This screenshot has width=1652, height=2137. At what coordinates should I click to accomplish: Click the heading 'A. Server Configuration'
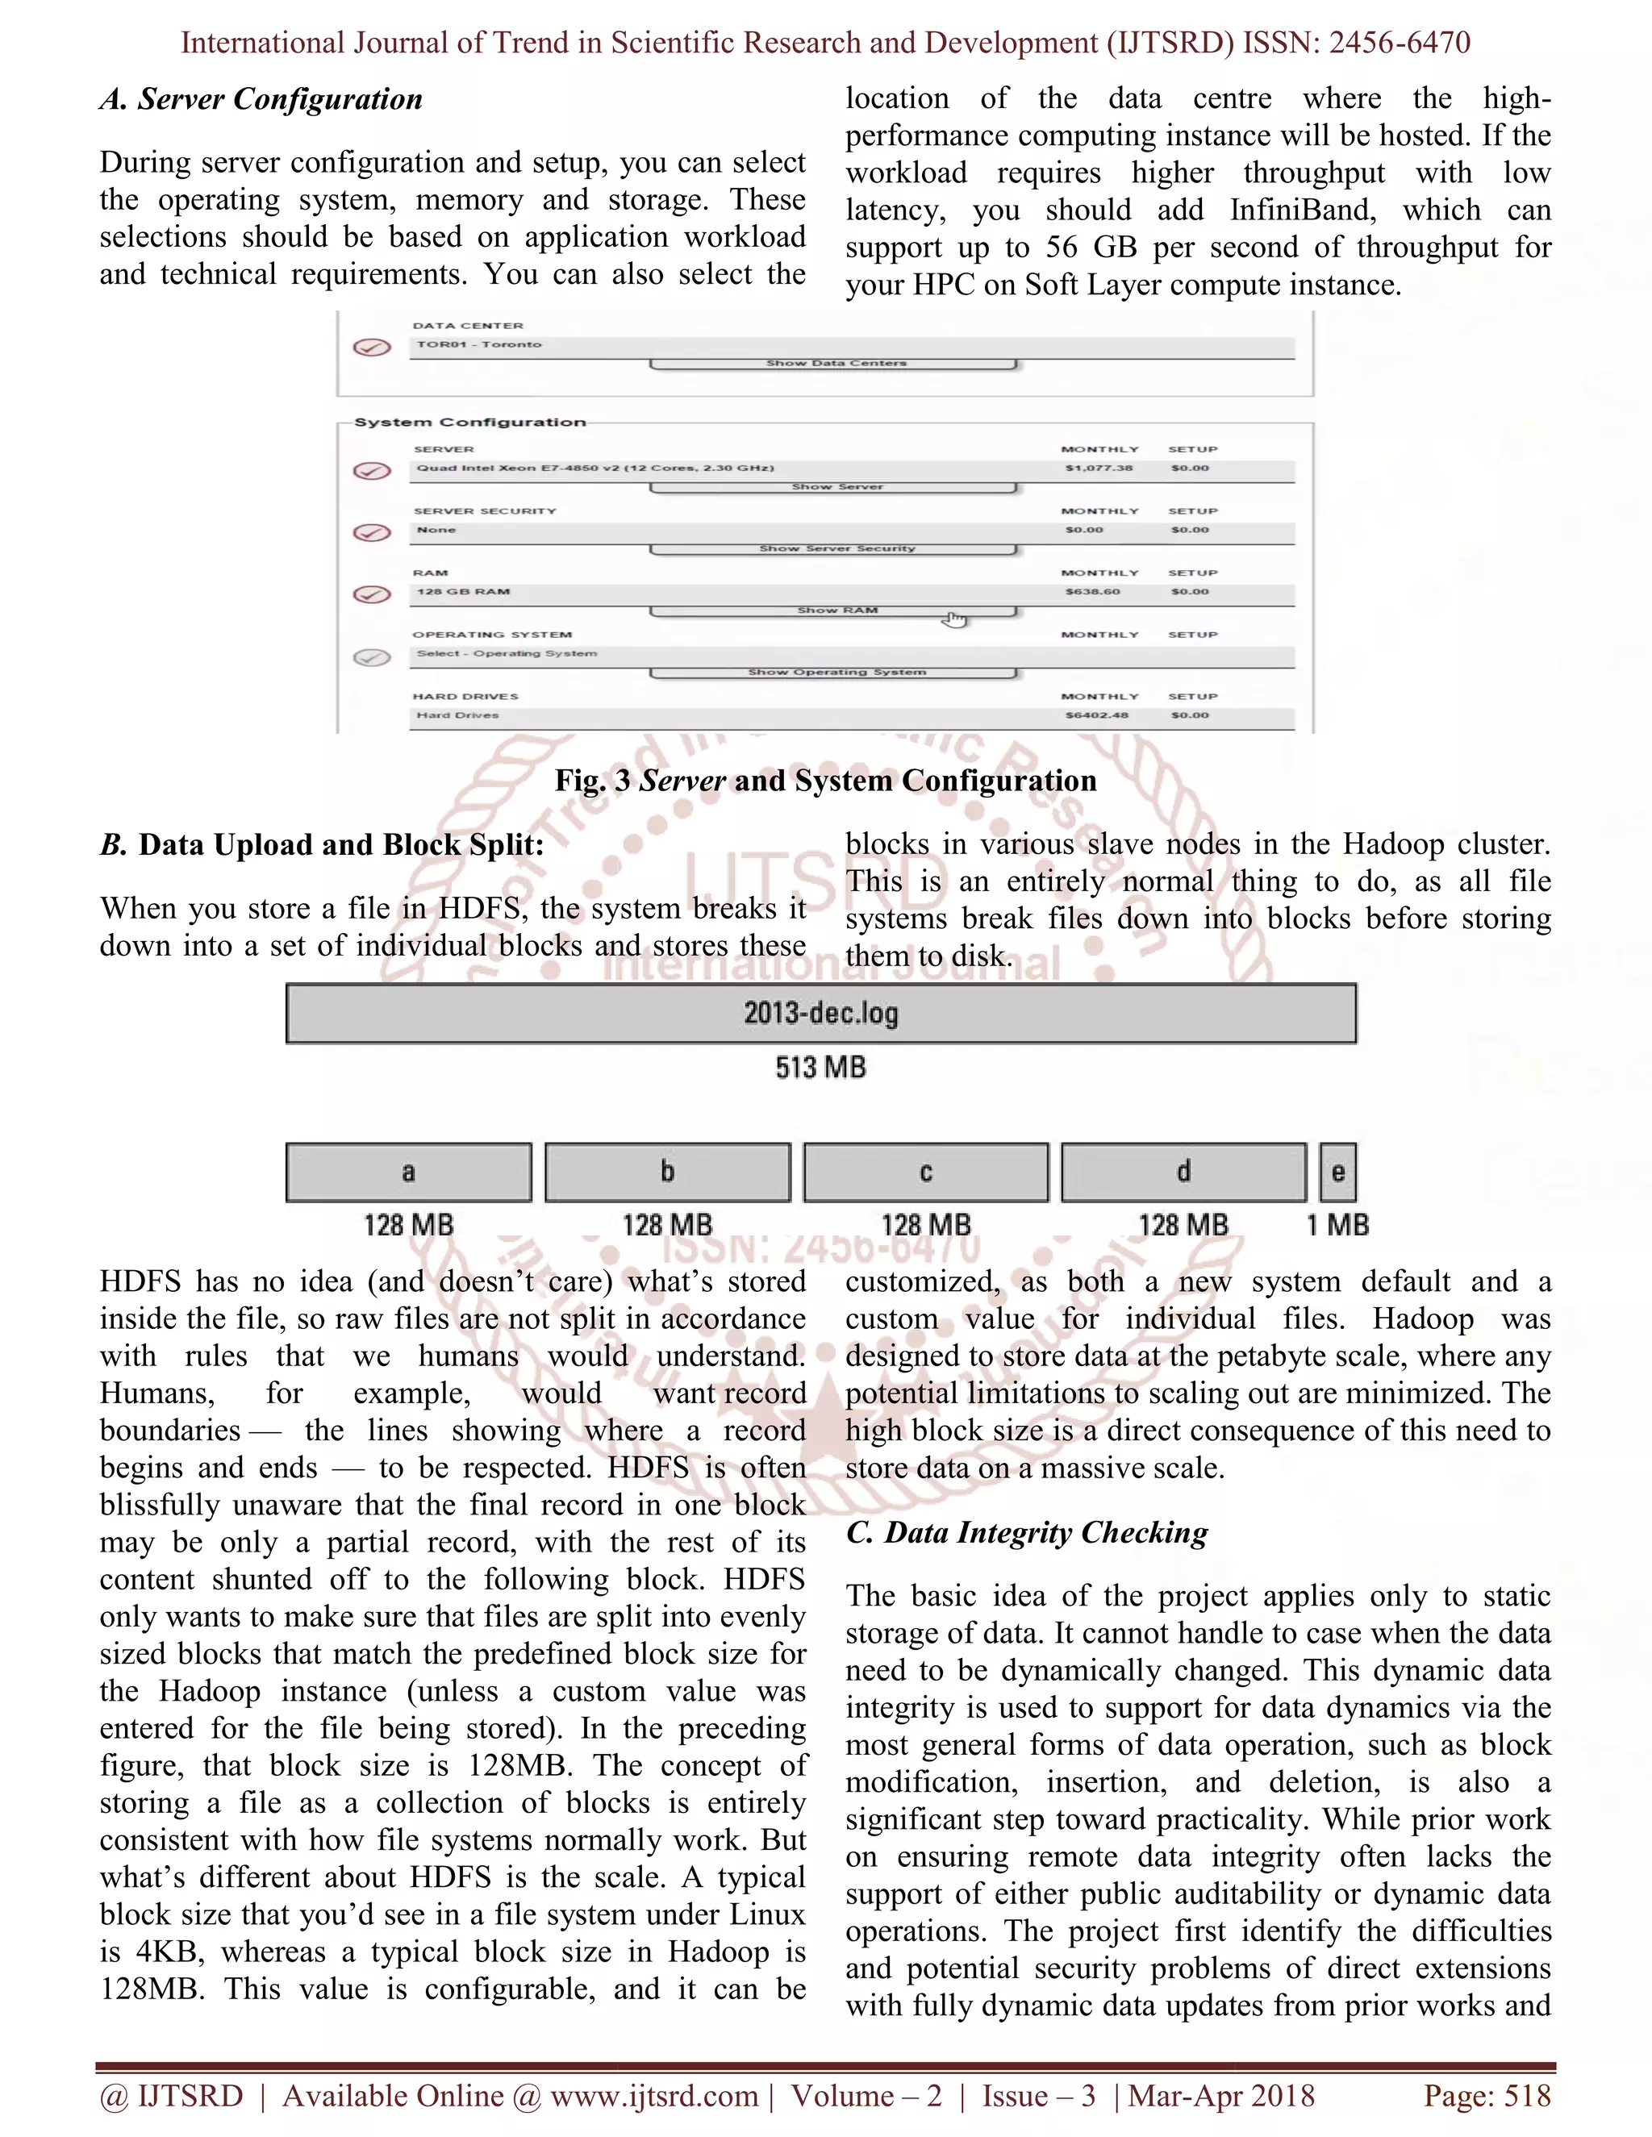[261, 100]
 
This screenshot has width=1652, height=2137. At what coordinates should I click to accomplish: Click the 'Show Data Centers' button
[835, 364]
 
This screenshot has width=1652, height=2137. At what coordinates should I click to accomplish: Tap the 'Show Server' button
[835, 487]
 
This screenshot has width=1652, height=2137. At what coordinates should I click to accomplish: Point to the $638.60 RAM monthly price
[1092, 592]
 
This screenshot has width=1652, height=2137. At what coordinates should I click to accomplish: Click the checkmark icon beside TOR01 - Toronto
[372, 348]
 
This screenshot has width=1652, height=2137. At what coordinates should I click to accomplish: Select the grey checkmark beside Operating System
[372, 657]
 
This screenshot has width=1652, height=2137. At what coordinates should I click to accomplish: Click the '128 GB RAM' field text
[463, 592]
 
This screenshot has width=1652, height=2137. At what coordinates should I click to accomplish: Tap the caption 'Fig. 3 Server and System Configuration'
[825, 781]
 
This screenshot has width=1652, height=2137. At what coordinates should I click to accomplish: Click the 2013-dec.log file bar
[820, 1014]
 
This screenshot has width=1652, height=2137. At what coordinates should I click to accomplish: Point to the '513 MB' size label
[820, 1068]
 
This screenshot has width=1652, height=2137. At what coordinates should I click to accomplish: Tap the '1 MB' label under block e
[1338, 1225]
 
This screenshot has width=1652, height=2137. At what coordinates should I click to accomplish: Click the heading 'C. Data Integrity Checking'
[1027, 1533]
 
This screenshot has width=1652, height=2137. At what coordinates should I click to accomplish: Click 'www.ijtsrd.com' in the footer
[653, 2096]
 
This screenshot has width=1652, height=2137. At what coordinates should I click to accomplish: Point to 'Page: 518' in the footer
[1487, 2096]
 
